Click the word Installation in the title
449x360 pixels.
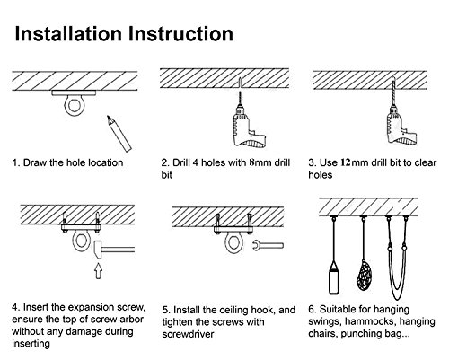click(68, 33)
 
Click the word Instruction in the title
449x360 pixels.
click(180, 33)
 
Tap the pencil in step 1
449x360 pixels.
click(119, 134)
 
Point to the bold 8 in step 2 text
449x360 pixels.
click(251, 162)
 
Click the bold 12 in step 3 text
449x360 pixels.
click(346, 162)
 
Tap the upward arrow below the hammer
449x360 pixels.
click(98, 271)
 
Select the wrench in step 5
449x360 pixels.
click(268, 246)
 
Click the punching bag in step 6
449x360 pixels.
click(333, 278)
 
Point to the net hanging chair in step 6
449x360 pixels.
click(364, 275)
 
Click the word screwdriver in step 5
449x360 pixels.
click(188, 334)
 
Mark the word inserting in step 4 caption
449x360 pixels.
click(31, 344)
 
